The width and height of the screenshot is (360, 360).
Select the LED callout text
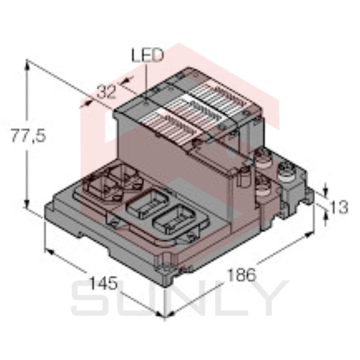pyautogui.click(x=146, y=55)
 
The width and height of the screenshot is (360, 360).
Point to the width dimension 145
pyautogui.click(x=103, y=284)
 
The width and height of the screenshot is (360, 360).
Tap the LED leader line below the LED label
pyautogui.click(x=147, y=76)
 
